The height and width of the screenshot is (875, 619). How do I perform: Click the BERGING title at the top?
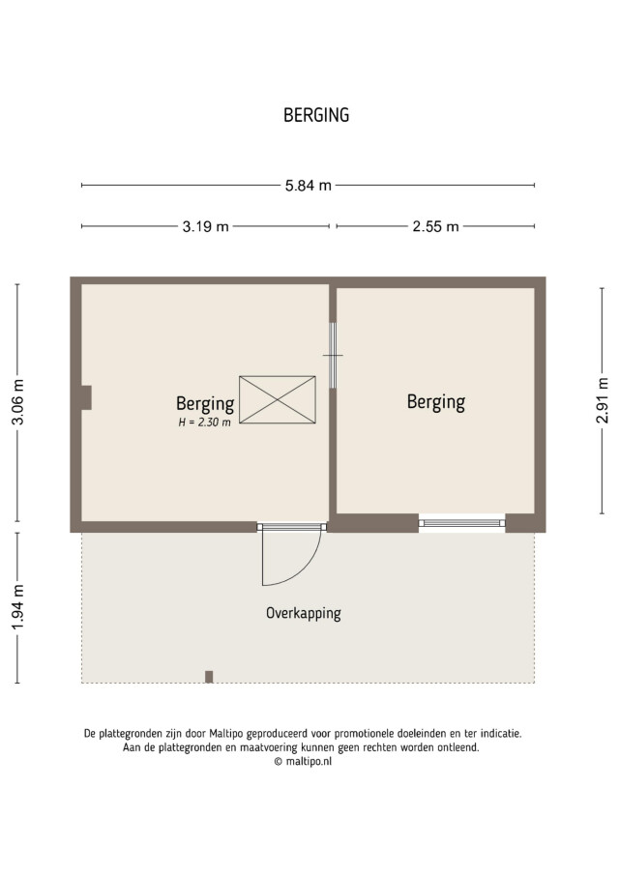pos(316,115)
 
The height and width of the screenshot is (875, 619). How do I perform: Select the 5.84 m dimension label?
pos(309,186)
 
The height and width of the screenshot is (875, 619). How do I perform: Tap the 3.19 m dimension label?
pos(205,226)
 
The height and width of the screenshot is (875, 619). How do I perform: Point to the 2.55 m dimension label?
pos(435,226)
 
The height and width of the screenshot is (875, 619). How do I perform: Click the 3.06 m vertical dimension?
pos(17,402)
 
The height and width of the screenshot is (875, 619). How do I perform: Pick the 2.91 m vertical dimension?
pos(603,400)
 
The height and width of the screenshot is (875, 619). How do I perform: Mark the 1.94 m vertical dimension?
pos(17,606)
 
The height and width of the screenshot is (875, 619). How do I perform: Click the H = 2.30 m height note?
pos(204,423)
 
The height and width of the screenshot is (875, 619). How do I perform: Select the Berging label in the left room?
pos(205,404)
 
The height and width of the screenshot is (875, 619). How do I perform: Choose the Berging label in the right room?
pos(436,402)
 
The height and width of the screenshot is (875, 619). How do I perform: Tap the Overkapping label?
pos(303,613)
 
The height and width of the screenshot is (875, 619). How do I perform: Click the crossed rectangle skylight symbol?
pos(278,399)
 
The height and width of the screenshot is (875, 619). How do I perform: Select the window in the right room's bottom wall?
pos(461,523)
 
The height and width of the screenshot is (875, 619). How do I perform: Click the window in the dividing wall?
pos(333,355)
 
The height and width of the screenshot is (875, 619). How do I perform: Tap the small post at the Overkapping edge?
pos(209,677)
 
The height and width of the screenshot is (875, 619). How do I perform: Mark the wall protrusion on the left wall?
pos(86,397)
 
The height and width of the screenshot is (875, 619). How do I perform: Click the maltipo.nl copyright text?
pos(303,761)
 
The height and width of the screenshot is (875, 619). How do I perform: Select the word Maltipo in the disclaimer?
pos(227,733)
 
